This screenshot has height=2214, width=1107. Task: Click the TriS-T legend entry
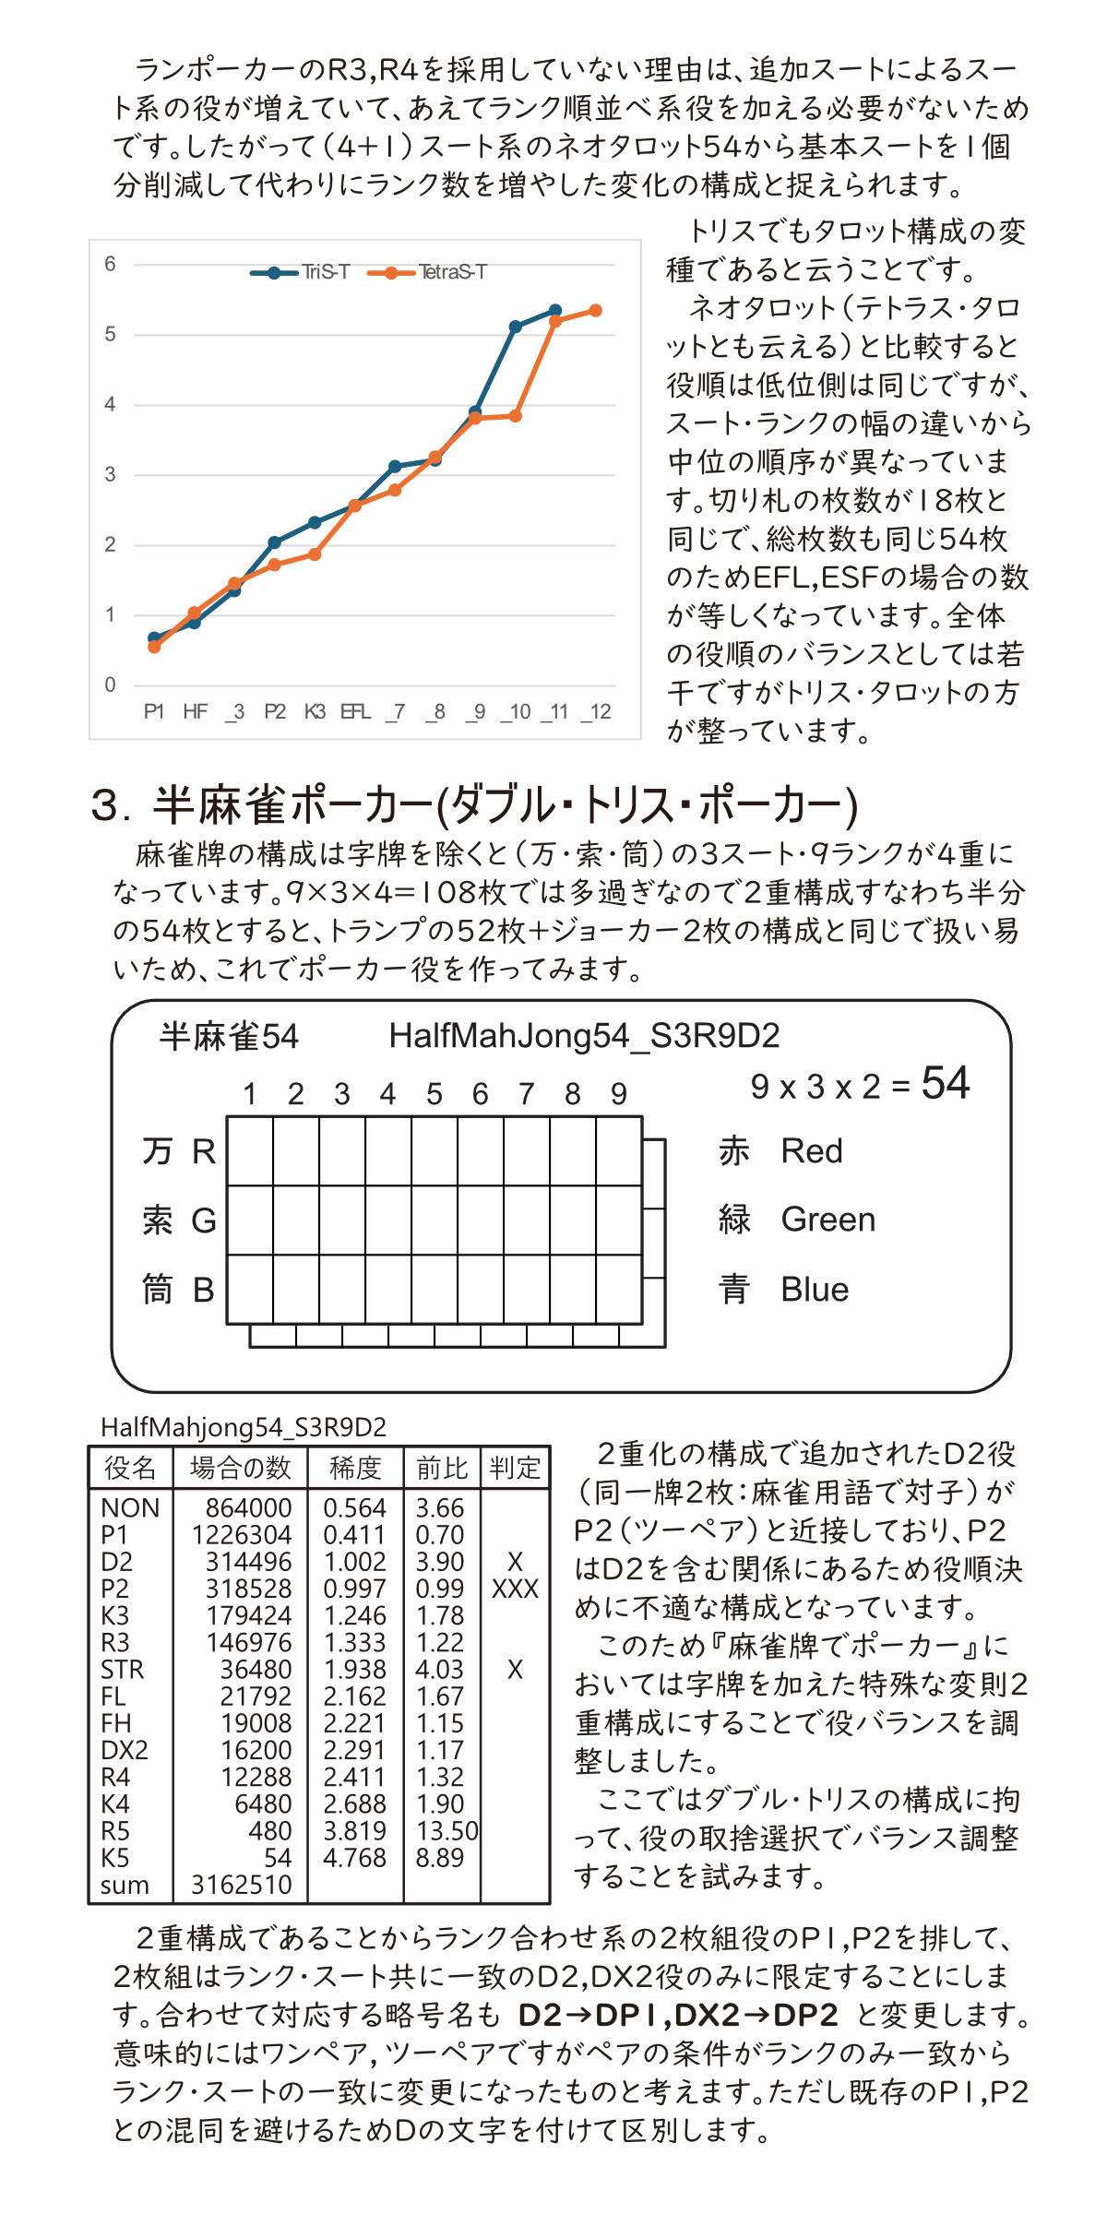(301, 272)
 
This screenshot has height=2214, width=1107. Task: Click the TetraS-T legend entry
(427, 272)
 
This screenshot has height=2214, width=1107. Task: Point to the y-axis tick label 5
(111, 334)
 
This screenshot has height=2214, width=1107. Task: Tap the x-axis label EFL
(355, 711)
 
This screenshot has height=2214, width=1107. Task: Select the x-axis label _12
(597, 711)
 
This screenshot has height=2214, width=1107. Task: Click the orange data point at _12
(596, 311)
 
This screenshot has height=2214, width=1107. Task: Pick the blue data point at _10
(516, 327)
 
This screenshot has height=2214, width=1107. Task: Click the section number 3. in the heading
(112, 805)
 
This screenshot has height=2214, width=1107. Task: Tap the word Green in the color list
(827, 1220)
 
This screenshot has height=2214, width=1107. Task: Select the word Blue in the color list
(814, 1290)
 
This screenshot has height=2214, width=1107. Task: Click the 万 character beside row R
(157, 1151)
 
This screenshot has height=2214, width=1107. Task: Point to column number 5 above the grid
(434, 1094)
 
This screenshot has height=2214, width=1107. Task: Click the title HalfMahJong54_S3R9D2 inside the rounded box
(584, 1036)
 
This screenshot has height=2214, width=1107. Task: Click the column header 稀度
(355, 1468)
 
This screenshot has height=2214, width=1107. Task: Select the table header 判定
(515, 1468)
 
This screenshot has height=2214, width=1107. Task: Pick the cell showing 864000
(248, 1508)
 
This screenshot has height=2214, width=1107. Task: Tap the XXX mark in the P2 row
(515, 1589)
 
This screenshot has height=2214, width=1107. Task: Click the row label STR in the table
(123, 1670)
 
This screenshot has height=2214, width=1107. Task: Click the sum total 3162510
(241, 1885)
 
